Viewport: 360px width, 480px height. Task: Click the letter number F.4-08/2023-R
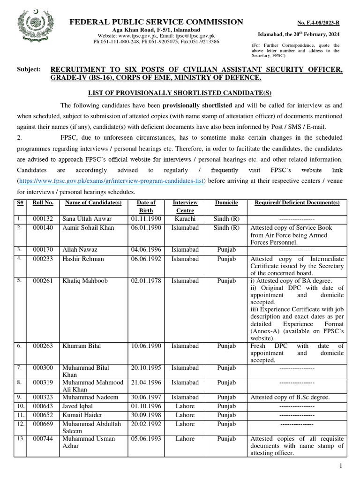pos(318,23)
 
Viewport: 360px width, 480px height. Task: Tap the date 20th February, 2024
pos(299,35)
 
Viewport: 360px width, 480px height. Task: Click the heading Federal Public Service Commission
pos(157,22)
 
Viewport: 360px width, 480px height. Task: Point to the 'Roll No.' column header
pos(43,202)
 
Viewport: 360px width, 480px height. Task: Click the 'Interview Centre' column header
pos(185,207)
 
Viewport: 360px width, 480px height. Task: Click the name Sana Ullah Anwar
pos(87,219)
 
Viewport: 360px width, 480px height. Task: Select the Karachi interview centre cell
pos(185,219)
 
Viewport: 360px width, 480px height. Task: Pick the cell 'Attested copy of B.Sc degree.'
pos(290,397)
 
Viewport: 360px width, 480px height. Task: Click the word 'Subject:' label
pos(29,69)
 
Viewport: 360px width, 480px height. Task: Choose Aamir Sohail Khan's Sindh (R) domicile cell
pos(226,227)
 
